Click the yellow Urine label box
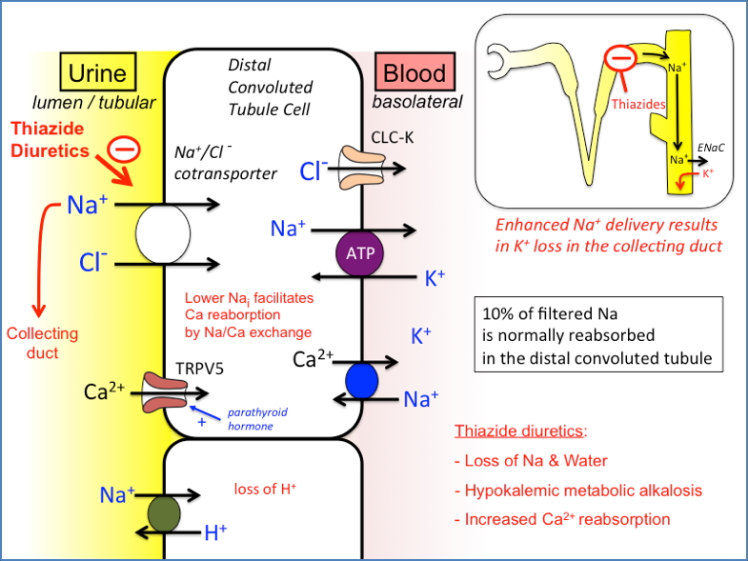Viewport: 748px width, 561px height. [x=99, y=73]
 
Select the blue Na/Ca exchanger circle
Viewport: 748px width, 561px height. [x=362, y=380]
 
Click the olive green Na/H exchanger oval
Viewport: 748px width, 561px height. [x=164, y=511]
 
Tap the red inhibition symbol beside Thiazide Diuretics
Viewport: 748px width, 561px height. [x=124, y=149]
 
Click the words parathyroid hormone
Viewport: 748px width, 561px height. [x=252, y=420]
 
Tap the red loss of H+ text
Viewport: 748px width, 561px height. [x=265, y=490]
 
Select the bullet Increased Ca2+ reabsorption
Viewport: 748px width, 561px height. [x=568, y=519]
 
